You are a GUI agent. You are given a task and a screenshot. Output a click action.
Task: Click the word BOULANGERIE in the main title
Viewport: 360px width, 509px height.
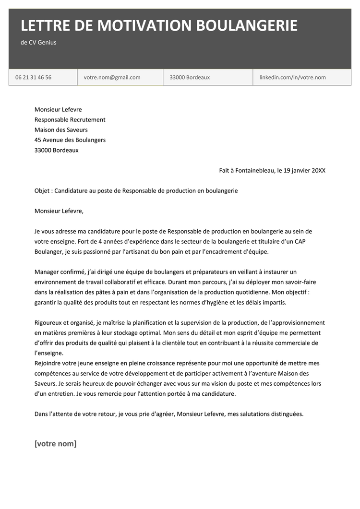tap(245, 25)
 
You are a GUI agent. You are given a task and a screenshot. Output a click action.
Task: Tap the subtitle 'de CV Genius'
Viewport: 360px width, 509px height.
tap(38, 42)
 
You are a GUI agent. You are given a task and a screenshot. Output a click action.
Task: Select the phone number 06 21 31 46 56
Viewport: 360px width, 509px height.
tap(33, 77)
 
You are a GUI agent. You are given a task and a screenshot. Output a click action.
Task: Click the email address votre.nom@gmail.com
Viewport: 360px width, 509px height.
tap(112, 77)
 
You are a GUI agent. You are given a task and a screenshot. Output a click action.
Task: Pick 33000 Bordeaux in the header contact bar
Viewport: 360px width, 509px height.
tap(190, 77)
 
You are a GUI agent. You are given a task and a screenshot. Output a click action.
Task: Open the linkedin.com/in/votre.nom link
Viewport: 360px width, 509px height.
tap(292, 77)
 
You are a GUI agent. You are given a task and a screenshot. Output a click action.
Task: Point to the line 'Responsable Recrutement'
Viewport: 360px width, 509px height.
tap(70, 119)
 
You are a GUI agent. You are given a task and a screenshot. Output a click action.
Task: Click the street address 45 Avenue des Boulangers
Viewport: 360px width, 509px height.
tap(70, 140)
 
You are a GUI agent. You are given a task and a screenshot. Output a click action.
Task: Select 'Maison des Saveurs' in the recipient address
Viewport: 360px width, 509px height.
tap(61, 130)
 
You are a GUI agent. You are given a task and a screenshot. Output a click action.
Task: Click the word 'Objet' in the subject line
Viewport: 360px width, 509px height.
tap(42, 190)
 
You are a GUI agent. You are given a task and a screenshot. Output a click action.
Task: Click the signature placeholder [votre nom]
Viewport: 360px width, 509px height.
tap(55, 443)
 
